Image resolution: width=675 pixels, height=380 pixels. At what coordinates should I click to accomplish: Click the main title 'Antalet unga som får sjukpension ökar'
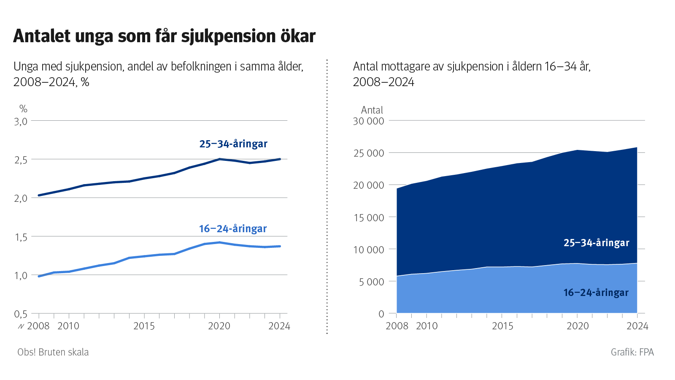pos(164,36)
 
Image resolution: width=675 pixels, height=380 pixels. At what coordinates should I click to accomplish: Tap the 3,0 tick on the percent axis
pos(21,122)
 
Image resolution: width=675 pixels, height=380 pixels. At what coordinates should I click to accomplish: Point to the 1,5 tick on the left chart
pos(21,237)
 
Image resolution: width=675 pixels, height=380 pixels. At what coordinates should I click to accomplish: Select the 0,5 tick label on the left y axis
pos(21,314)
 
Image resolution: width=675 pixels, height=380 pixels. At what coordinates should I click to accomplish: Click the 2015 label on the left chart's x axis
pos(144,326)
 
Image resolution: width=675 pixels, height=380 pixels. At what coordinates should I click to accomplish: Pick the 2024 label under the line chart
pos(279,326)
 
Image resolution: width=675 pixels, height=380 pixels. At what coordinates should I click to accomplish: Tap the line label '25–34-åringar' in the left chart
pos(233,144)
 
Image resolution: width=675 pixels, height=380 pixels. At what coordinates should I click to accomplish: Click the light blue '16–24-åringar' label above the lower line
pos(233,229)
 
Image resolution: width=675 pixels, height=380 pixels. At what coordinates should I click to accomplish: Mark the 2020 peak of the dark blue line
pos(219,159)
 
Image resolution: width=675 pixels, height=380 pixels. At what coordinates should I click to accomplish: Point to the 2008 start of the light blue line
pos(39,276)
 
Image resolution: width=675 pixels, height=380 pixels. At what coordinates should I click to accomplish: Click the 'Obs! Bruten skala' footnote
pos(53,352)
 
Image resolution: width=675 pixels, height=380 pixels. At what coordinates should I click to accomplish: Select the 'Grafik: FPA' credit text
pos(632,352)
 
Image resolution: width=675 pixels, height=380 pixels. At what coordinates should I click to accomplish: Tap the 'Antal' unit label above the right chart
pos(372,110)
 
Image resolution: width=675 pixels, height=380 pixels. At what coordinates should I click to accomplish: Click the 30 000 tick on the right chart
pos(369,121)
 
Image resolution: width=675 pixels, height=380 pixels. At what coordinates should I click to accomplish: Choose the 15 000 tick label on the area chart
pos(369,218)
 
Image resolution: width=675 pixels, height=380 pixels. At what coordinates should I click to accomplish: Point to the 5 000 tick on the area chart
pos(372,282)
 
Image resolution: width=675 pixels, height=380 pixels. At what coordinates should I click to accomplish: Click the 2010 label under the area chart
pos(427,326)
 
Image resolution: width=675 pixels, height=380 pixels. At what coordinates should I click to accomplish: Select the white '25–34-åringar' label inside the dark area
pos(596,243)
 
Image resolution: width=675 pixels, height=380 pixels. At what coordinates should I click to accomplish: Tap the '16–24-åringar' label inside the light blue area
pos(596,293)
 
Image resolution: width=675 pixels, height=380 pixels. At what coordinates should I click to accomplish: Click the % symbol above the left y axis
pos(23,109)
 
